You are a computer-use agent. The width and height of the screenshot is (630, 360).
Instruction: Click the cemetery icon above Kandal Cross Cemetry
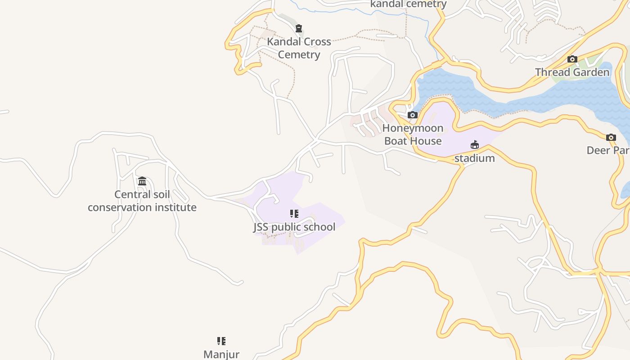pyautogui.click(x=299, y=28)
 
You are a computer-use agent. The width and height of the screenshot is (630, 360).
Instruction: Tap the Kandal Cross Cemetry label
pyautogui.click(x=299, y=48)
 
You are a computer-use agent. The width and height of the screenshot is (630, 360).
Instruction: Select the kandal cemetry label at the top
pyautogui.click(x=408, y=4)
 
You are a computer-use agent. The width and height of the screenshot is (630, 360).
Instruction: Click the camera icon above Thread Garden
pyautogui.click(x=572, y=59)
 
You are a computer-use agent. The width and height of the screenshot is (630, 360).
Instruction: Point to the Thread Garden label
pyautogui.click(x=572, y=72)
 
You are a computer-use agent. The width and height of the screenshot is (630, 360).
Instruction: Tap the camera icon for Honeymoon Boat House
pyautogui.click(x=413, y=115)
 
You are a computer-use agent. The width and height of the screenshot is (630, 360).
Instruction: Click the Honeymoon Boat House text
pyautogui.click(x=413, y=134)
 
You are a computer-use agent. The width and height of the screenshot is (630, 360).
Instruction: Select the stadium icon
pyautogui.click(x=475, y=145)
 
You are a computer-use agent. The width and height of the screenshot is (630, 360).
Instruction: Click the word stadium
pyautogui.click(x=474, y=158)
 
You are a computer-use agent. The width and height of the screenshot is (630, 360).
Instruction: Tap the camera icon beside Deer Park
pyautogui.click(x=611, y=137)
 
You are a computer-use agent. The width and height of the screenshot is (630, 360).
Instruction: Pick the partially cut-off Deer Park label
pyautogui.click(x=608, y=150)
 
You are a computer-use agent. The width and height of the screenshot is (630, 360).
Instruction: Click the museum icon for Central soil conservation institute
pyautogui.click(x=142, y=181)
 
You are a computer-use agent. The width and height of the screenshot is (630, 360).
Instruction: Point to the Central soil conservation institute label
pyautogui.click(x=142, y=201)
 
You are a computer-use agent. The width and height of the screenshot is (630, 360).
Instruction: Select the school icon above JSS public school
pyautogui.click(x=294, y=214)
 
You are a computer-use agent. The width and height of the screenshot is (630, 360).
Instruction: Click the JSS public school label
pyautogui.click(x=294, y=227)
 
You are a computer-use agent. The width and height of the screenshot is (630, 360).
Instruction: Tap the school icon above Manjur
pyautogui.click(x=221, y=341)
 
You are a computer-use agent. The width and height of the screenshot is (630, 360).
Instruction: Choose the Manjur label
pyautogui.click(x=221, y=354)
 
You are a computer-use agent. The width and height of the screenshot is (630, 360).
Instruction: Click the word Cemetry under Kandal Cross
pyautogui.click(x=299, y=55)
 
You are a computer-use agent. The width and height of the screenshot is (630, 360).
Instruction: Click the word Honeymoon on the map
pyautogui.click(x=413, y=128)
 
